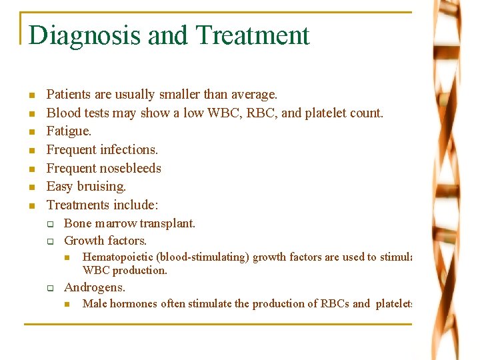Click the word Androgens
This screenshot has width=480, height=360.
[x=94, y=288]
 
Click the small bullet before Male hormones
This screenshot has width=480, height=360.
[x=67, y=305]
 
